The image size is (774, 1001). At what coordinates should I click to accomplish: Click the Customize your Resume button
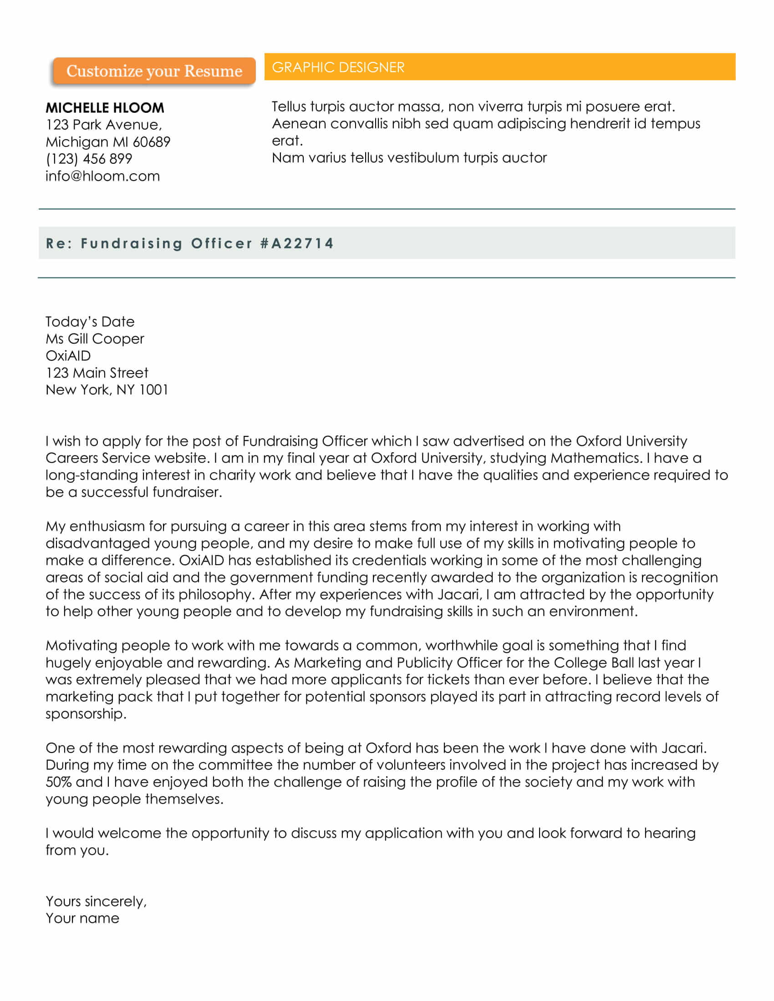pyautogui.click(x=153, y=71)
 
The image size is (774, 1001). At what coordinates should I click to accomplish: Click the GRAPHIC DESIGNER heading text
pyautogui.click(x=338, y=67)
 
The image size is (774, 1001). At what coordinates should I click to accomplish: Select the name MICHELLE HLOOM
pyautogui.click(x=105, y=108)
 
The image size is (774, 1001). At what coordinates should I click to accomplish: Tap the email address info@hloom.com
pyautogui.click(x=103, y=176)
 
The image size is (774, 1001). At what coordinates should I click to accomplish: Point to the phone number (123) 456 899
pyautogui.click(x=89, y=159)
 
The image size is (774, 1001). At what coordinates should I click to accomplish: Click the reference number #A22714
pyautogui.click(x=297, y=243)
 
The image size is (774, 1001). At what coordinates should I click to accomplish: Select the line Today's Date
pyautogui.click(x=90, y=322)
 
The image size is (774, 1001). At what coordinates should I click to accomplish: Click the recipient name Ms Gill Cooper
pyautogui.click(x=94, y=339)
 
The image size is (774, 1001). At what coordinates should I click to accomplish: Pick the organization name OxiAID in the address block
pyautogui.click(x=68, y=356)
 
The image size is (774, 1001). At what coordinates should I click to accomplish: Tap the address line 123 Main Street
pyautogui.click(x=97, y=373)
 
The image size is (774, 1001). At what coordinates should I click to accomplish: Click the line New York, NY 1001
pyautogui.click(x=107, y=389)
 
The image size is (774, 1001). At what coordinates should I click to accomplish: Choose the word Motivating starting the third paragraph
pyautogui.click(x=81, y=645)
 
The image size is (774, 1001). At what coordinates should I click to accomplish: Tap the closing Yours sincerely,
pyautogui.click(x=96, y=901)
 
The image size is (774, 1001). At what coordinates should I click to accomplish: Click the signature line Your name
pyautogui.click(x=82, y=919)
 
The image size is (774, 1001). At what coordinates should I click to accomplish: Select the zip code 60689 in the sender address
pyautogui.click(x=152, y=142)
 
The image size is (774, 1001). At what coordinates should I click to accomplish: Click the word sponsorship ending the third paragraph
pyautogui.click(x=85, y=713)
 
